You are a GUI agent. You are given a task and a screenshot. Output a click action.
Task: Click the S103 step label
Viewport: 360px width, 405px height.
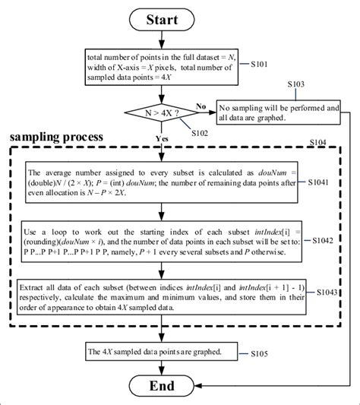pos(297,84)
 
